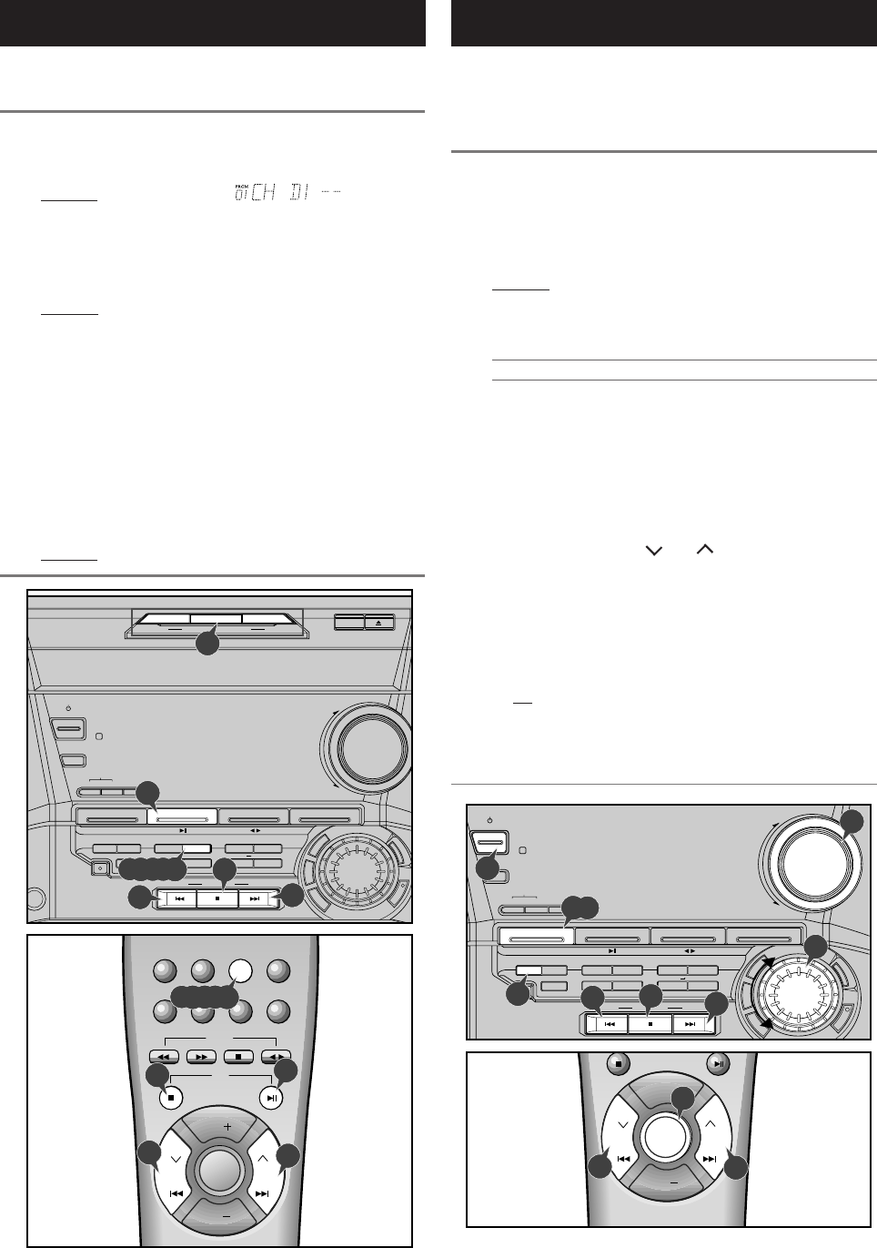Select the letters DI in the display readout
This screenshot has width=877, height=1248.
pyautogui.click(x=300, y=193)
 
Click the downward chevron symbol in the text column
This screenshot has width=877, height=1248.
pyautogui.click(x=652, y=551)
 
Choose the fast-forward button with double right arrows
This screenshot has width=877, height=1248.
pyautogui.click(x=199, y=1057)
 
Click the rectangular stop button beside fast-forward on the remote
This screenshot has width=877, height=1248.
pyautogui.click(x=237, y=1057)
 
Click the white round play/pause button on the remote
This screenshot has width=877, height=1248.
pyautogui.click(x=272, y=1098)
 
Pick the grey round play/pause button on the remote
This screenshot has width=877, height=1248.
pyautogui.click(x=718, y=1062)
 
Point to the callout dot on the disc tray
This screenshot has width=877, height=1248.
pyautogui.click(x=208, y=643)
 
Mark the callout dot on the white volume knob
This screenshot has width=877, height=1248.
pyautogui.click(x=852, y=822)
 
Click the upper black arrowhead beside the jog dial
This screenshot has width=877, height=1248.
pyautogui.click(x=769, y=961)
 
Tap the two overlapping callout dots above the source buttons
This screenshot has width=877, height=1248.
pyautogui.click(x=580, y=907)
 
